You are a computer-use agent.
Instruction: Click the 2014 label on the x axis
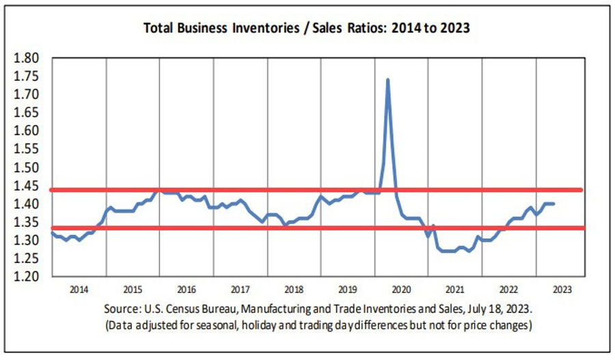[x=79, y=288]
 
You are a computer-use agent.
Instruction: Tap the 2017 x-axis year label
[x=240, y=288]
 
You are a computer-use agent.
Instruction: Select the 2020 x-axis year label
[x=400, y=288]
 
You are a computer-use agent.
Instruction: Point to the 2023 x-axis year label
[x=562, y=288]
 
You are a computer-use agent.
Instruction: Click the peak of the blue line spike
[x=388, y=80]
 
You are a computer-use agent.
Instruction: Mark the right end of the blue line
[x=553, y=204]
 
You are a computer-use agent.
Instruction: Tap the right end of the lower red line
[x=581, y=228]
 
